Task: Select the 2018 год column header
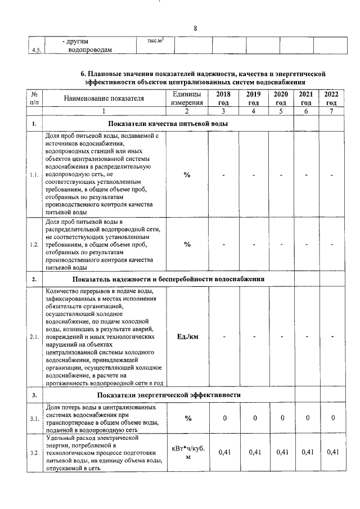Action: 223,98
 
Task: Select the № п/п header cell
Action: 34,98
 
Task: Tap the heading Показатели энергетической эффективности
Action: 169,395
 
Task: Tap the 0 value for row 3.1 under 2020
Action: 282,418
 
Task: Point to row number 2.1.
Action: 34,337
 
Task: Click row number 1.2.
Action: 34,245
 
